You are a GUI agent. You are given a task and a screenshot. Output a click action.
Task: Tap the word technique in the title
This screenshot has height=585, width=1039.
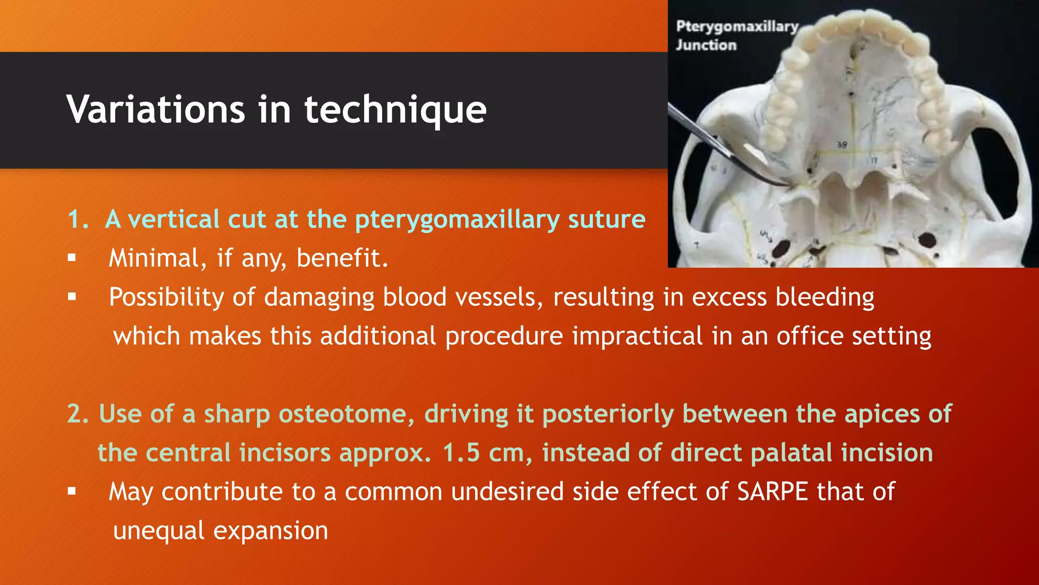pyautogui.click(x=395, y=110)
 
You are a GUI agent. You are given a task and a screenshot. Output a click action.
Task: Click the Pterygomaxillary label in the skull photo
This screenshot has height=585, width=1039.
pyautogui.click(x=737, y=27)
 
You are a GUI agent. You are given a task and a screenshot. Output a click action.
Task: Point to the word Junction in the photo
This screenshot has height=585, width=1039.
pyautogui.click(x=706, y=45)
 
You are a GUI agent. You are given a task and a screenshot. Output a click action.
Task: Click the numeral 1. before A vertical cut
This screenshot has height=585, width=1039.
pyautogui.click(x=78, y=219)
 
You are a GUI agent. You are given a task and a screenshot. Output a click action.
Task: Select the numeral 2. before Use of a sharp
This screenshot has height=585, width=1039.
pyautogui.click(x=78, y=413)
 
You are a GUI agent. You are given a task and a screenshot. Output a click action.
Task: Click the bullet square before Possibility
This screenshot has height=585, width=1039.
pyautogui.click(x=72, y=297)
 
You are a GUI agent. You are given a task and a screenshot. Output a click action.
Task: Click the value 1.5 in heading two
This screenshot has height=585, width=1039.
pyautogui.click(x=461, y=452)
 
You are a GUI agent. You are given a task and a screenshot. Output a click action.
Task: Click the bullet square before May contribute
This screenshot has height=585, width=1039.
pyautogui.click(x=72, y=491)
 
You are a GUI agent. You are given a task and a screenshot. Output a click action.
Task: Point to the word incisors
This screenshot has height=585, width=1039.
pyautogui.click(x=285, y=452)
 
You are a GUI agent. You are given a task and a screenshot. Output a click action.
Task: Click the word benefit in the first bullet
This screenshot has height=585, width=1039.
pyautogui.click(x=342, y=258)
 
